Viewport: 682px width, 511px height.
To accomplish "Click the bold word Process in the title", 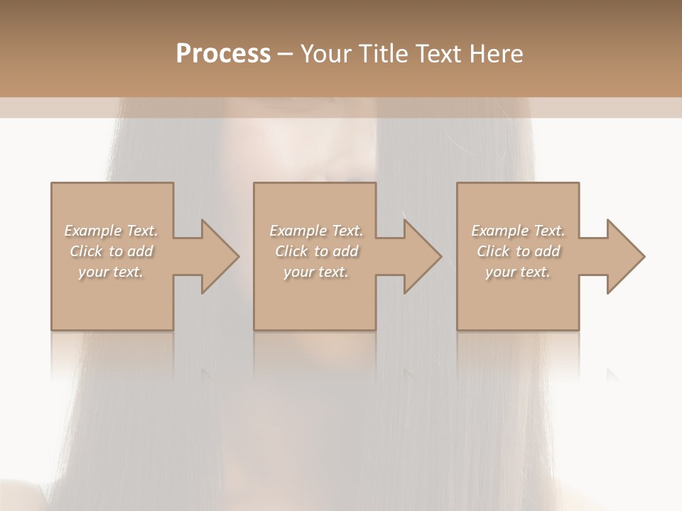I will [223, 54].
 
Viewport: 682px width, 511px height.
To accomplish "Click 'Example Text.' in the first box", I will [111, 231].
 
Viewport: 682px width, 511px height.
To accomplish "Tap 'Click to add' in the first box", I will [111, 251].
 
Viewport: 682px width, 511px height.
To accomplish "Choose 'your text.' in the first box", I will [111, 272].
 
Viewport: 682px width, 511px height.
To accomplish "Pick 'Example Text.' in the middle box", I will [316, 231].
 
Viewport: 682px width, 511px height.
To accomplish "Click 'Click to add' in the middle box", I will [316, 251].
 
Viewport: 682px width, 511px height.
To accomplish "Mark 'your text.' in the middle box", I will [316, 272].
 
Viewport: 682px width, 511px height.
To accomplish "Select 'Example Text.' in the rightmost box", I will [518, 231].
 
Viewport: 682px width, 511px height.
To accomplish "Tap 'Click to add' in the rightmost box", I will [518, 251].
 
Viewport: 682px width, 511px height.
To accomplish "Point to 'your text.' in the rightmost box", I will [518, 272].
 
